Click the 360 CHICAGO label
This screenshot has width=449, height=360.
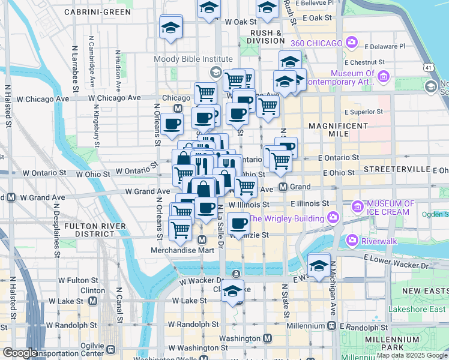coord(316,43)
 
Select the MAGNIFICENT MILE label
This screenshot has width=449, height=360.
coord(338,130)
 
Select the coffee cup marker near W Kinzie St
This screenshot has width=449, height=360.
coord(238,224)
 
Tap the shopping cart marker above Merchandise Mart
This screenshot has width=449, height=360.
coord(180,229)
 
